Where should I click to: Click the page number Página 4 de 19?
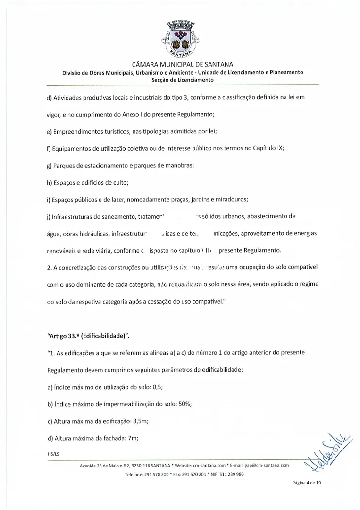(x=301, y=483)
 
